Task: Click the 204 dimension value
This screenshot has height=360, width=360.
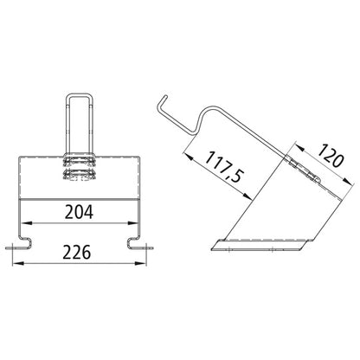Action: [80, 211]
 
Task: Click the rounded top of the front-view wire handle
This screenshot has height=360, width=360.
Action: [80, 93]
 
